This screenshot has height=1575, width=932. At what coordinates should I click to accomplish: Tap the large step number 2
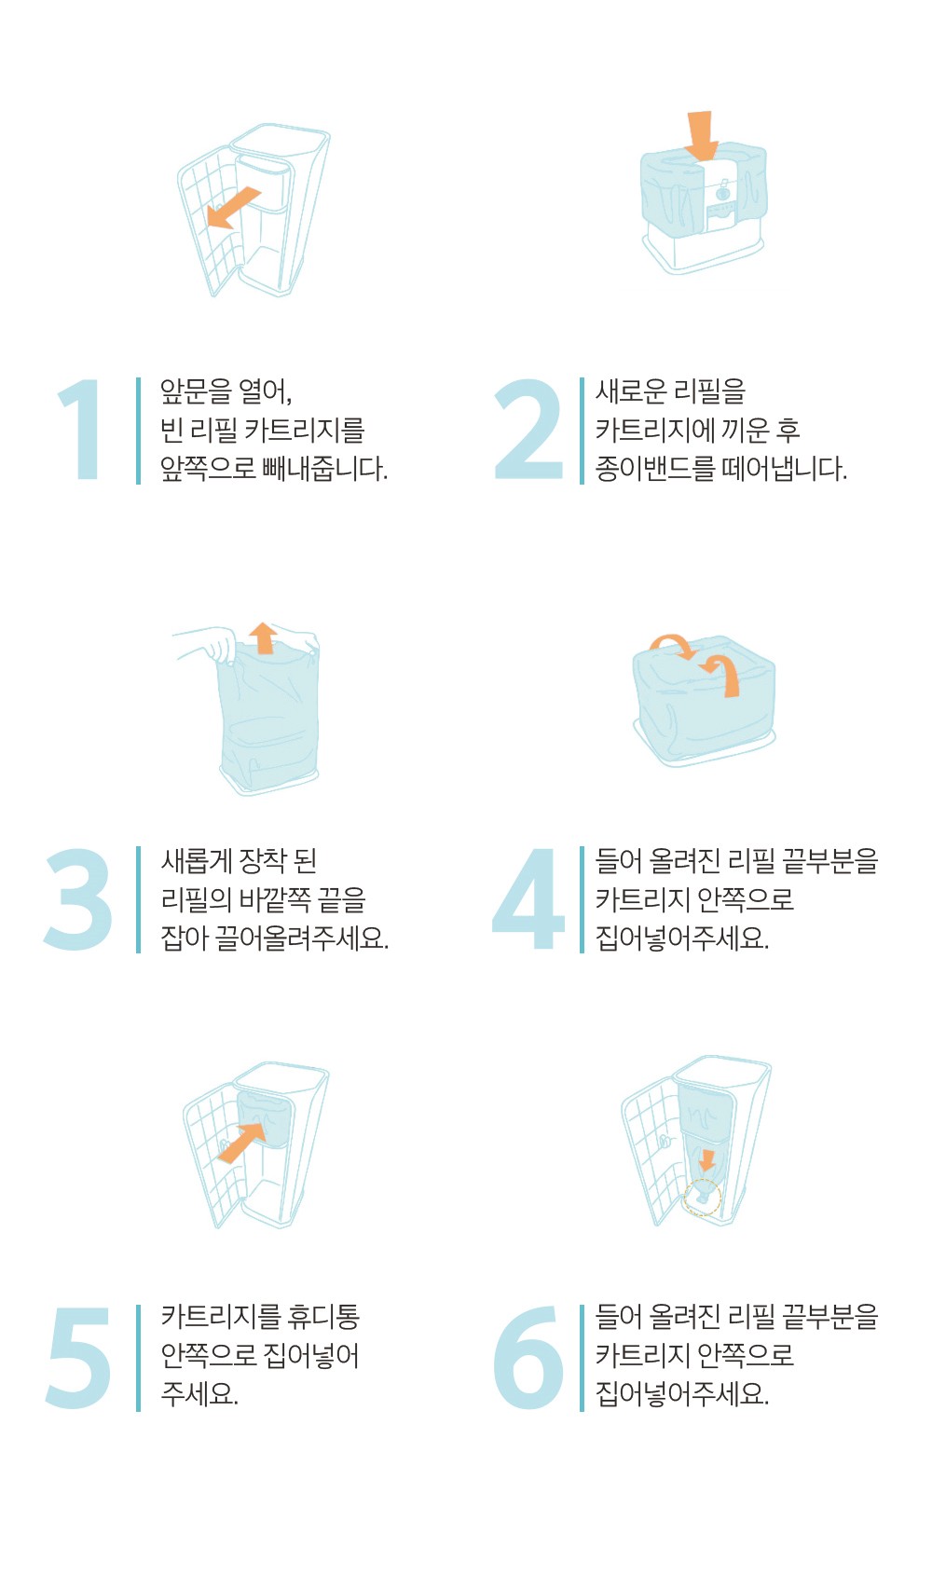tap(528, 429)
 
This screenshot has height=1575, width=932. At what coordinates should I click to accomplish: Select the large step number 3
tap(77, 899)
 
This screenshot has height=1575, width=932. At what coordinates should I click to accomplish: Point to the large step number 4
tap(528, 898)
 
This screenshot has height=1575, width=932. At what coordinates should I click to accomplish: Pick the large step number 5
tap(79, 1358)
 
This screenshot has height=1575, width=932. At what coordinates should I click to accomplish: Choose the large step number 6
tap(528, 1357)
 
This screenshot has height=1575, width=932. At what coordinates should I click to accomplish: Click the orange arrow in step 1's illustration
tap(234, 208)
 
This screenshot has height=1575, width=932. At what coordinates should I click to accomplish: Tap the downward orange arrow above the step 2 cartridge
tap(701, 136)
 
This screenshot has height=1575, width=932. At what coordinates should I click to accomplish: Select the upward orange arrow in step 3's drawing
tap(263, 637)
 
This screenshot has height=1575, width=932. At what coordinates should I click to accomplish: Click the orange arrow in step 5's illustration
tap(241, 1143)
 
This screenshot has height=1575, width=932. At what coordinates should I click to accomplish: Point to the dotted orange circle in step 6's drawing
tap(702, 1198)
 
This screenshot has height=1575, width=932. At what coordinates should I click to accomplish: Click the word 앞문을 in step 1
tap(196, 390)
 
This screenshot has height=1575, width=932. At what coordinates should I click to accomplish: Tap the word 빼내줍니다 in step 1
tap(324, 468)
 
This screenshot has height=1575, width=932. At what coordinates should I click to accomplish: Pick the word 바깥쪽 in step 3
tap(275, 899)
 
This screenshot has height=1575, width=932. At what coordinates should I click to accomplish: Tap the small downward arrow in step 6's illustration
tap(706, 1160)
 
